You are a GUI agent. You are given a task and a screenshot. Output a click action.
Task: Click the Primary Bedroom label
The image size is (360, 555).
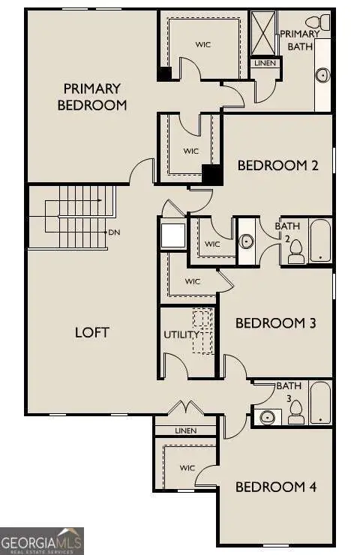click(x=91, y=97)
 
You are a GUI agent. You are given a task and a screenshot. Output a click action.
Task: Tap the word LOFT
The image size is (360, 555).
click(x=92, y=331)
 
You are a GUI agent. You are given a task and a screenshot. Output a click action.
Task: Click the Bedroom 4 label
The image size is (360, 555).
click(x=276, y=487)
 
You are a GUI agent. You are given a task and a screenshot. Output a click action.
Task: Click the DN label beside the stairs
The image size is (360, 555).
click(x=114, y=232)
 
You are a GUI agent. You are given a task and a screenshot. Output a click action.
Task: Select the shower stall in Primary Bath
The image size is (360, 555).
click(x=262, y=32)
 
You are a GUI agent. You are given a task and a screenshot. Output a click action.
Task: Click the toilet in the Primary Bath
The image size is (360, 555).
click(x=324, y=21)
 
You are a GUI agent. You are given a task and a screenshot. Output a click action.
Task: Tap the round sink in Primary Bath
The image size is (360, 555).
click(x=323, y=75)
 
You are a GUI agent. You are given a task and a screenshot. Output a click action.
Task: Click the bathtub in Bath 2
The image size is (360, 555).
click(x=320, y=241)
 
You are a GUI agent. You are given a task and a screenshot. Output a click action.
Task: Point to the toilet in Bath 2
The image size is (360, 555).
click(x=295, y=251)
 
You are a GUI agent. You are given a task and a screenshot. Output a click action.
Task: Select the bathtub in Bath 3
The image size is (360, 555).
click(x=320, y=402)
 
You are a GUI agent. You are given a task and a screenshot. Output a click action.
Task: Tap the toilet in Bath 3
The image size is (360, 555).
click(x=295, y=412)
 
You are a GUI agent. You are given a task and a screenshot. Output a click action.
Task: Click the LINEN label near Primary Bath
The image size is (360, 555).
click(x=265, y=64)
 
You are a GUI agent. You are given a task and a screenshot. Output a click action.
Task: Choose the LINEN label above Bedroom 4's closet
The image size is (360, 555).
click(x=185, y=430)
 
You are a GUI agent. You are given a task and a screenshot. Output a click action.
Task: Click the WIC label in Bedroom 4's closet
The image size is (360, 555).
click(x=187, y=467)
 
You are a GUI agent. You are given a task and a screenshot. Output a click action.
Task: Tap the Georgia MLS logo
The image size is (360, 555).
click(x=42, y=540)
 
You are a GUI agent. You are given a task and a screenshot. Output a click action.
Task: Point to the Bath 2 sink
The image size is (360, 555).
click(x=246, y=241)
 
